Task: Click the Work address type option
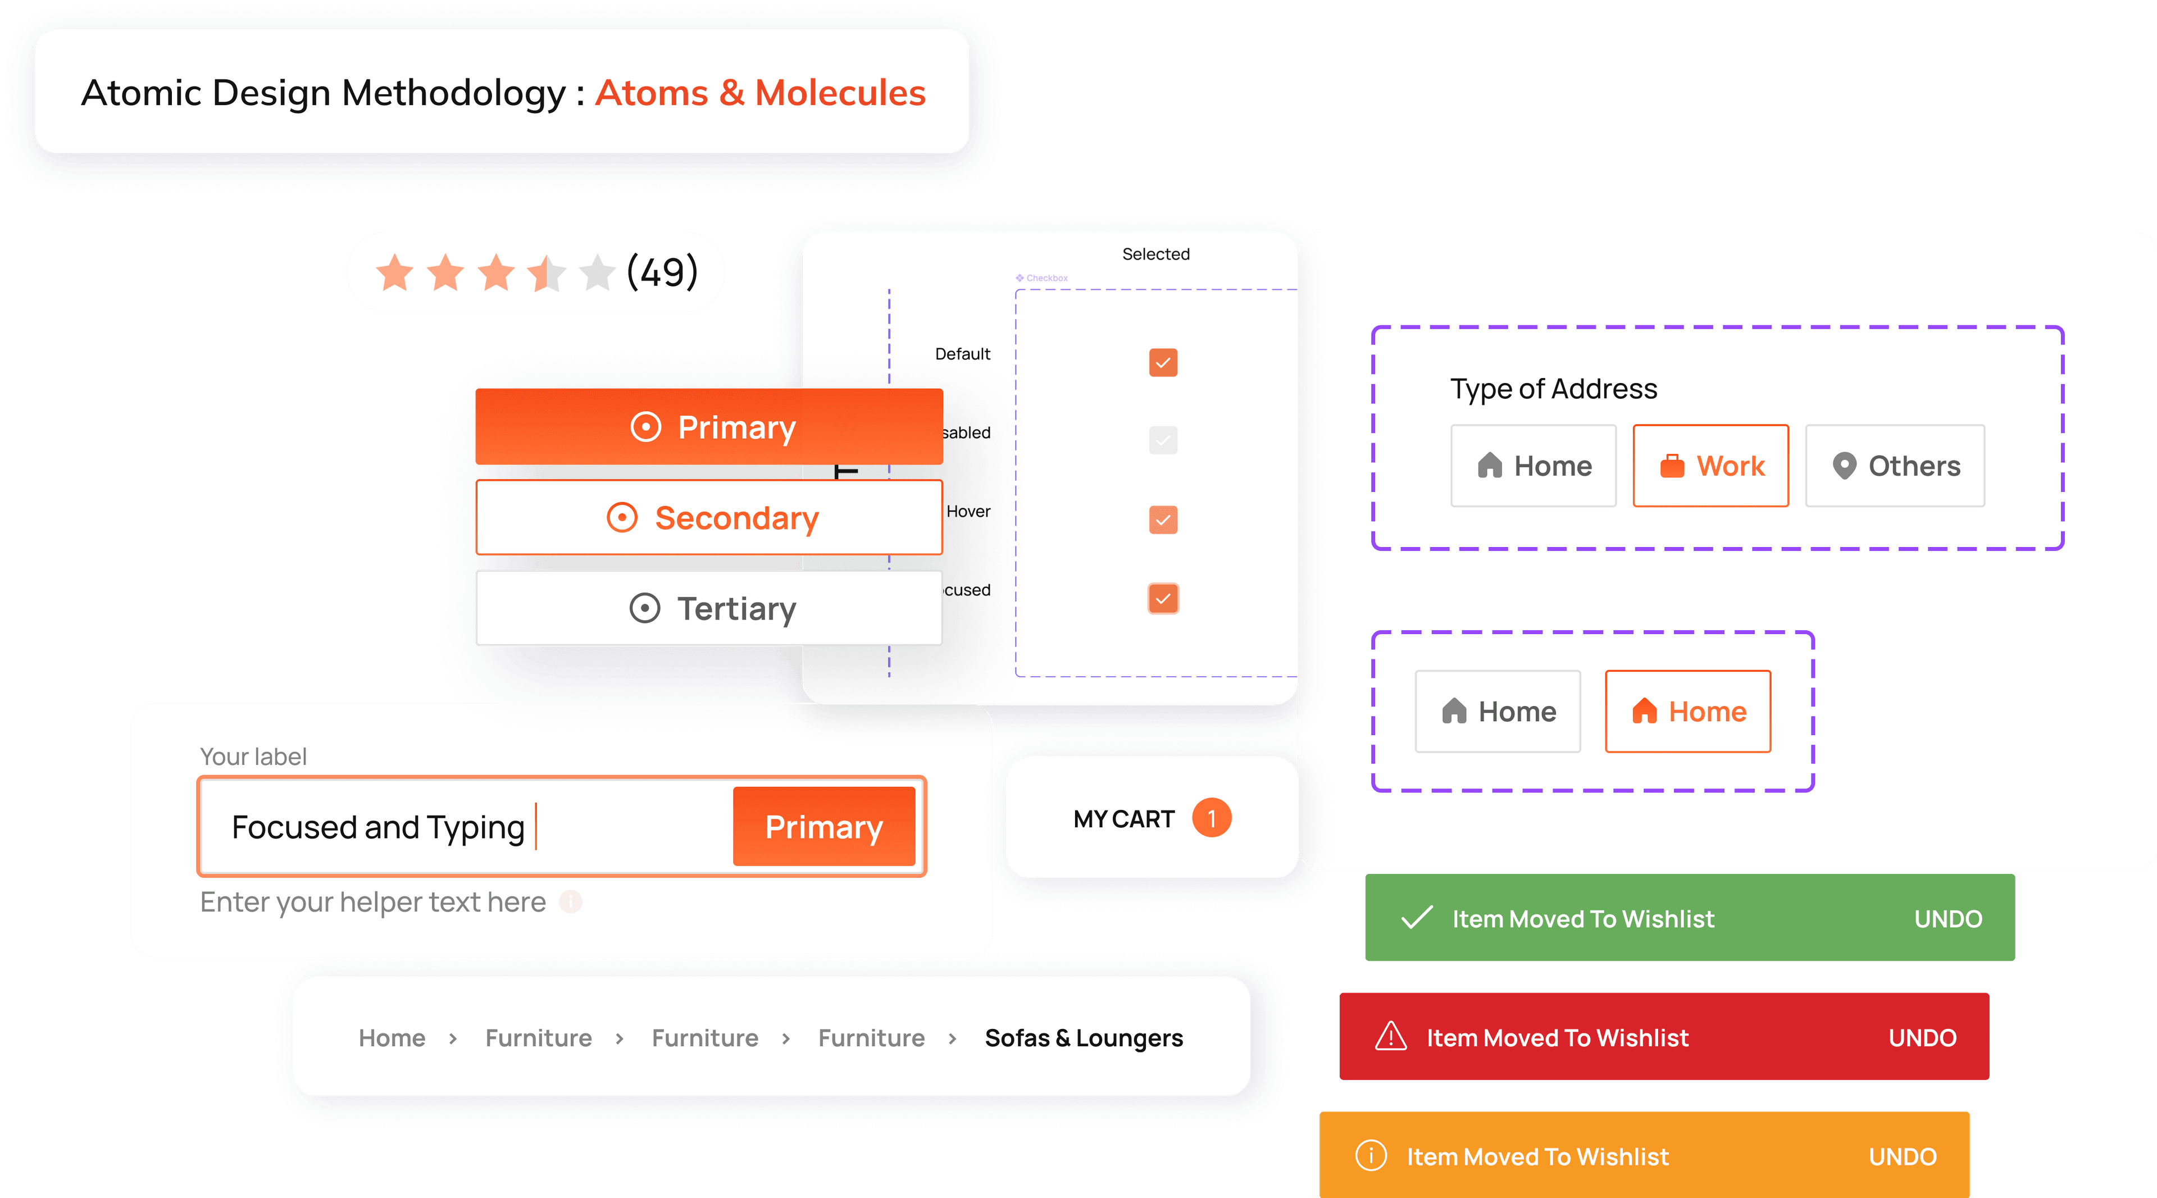tap(1710, 466)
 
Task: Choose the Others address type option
tap(1894, 466)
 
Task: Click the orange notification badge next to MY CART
tap(1211, 818)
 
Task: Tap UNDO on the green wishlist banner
tap(1947, 918)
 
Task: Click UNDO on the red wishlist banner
tap(1922, 1037)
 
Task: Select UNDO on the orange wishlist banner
tap(1903, 1156)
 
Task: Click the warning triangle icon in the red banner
tap(1391, 1036)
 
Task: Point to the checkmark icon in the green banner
tap(1417, 918)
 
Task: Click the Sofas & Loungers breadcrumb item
tap(1084, 1038)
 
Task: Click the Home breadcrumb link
tap(392, 1038)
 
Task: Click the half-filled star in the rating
tap(547, 273)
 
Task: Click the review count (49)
tap(662, 272)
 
